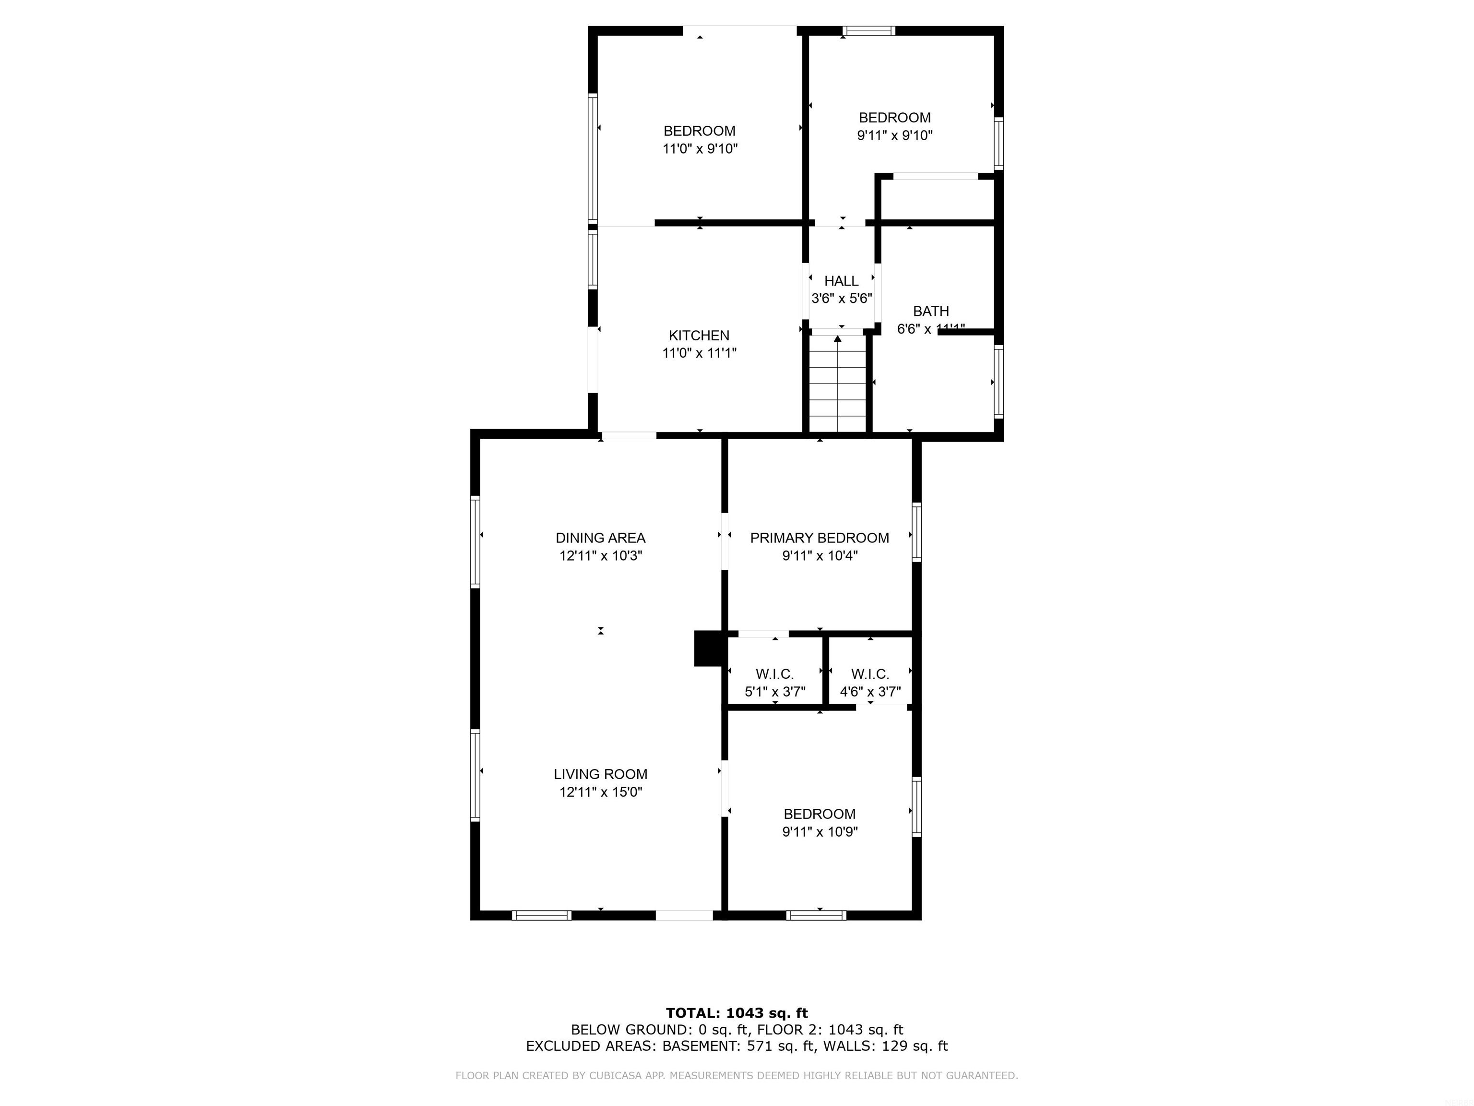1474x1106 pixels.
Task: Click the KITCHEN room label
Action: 699,336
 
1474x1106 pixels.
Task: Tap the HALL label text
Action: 841,281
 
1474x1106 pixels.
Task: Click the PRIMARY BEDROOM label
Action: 819,538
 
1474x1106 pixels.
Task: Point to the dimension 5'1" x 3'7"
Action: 774,692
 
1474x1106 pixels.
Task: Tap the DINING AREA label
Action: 600,538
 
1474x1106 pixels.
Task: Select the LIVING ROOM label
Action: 600,774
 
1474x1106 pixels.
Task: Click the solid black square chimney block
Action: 708,648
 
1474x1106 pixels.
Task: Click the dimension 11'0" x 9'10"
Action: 700,149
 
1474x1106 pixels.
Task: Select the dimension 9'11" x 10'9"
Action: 819,832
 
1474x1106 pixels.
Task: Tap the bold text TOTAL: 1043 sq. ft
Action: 737,1013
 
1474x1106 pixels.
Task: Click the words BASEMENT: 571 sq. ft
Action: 739,1046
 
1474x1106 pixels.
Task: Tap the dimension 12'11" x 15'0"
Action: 600,792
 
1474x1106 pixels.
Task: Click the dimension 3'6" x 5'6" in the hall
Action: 841,299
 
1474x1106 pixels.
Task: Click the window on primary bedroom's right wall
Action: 916,532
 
